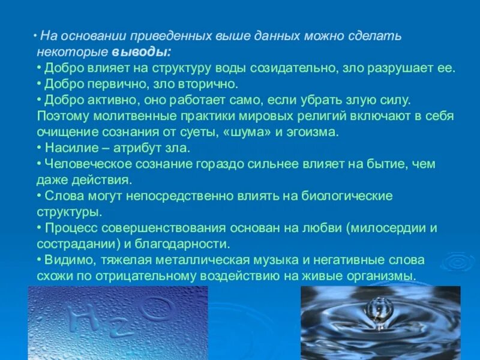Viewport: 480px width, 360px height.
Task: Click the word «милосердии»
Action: (x=386, y=229)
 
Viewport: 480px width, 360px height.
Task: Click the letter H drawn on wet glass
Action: (x=82, y=317)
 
